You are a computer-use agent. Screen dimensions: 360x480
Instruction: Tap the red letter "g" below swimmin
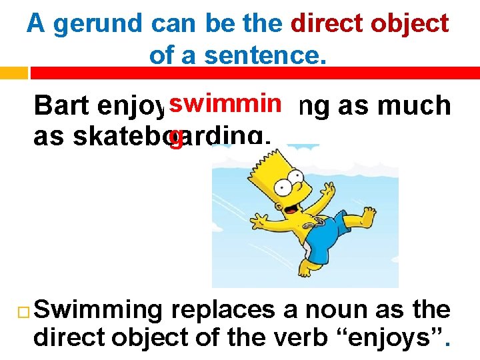pos(176,138)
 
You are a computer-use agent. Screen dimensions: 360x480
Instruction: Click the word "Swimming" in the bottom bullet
pos(98,311)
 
